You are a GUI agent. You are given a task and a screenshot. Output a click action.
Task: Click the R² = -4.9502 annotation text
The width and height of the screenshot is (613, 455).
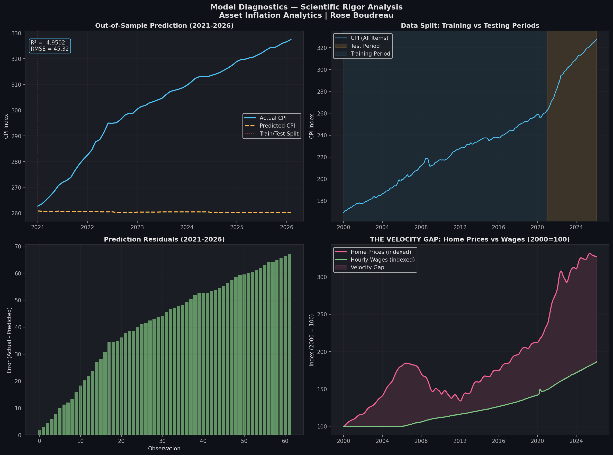48,43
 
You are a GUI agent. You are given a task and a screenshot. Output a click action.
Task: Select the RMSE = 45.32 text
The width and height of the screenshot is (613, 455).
50,49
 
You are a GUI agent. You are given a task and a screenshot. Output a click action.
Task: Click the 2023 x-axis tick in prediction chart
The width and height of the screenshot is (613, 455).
137,227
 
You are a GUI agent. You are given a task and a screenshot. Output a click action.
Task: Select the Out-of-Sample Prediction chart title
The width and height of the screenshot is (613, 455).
164,26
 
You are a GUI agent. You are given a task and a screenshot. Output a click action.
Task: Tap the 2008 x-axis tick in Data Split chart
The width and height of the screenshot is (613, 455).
421,227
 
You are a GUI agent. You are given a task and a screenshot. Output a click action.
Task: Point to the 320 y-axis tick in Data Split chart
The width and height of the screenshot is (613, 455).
322,48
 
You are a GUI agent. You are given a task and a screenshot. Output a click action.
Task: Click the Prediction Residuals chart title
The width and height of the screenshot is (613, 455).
164,239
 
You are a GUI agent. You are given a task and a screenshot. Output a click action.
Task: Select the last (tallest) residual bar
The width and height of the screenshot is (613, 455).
289,344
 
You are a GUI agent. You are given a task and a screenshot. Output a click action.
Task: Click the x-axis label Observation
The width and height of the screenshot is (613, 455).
164,449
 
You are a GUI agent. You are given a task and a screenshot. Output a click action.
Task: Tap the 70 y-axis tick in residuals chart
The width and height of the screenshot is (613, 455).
18,246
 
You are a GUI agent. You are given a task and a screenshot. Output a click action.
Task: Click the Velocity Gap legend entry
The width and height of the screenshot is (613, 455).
367,267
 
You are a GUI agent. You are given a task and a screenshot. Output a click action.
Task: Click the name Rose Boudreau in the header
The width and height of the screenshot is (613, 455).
362,15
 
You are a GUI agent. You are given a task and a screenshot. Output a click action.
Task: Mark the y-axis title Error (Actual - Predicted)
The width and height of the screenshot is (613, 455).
9,341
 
